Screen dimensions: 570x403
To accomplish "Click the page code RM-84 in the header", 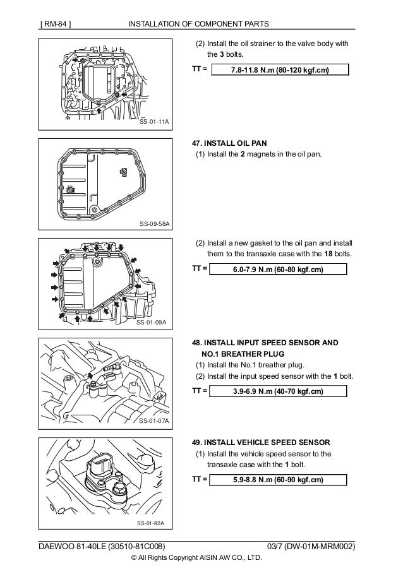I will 55,24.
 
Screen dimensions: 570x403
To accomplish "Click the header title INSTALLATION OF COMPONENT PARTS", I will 198,24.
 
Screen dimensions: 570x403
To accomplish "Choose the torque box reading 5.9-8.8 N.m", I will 279,480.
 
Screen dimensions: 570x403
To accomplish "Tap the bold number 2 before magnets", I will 242,156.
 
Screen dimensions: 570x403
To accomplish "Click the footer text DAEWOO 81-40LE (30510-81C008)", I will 104,545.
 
